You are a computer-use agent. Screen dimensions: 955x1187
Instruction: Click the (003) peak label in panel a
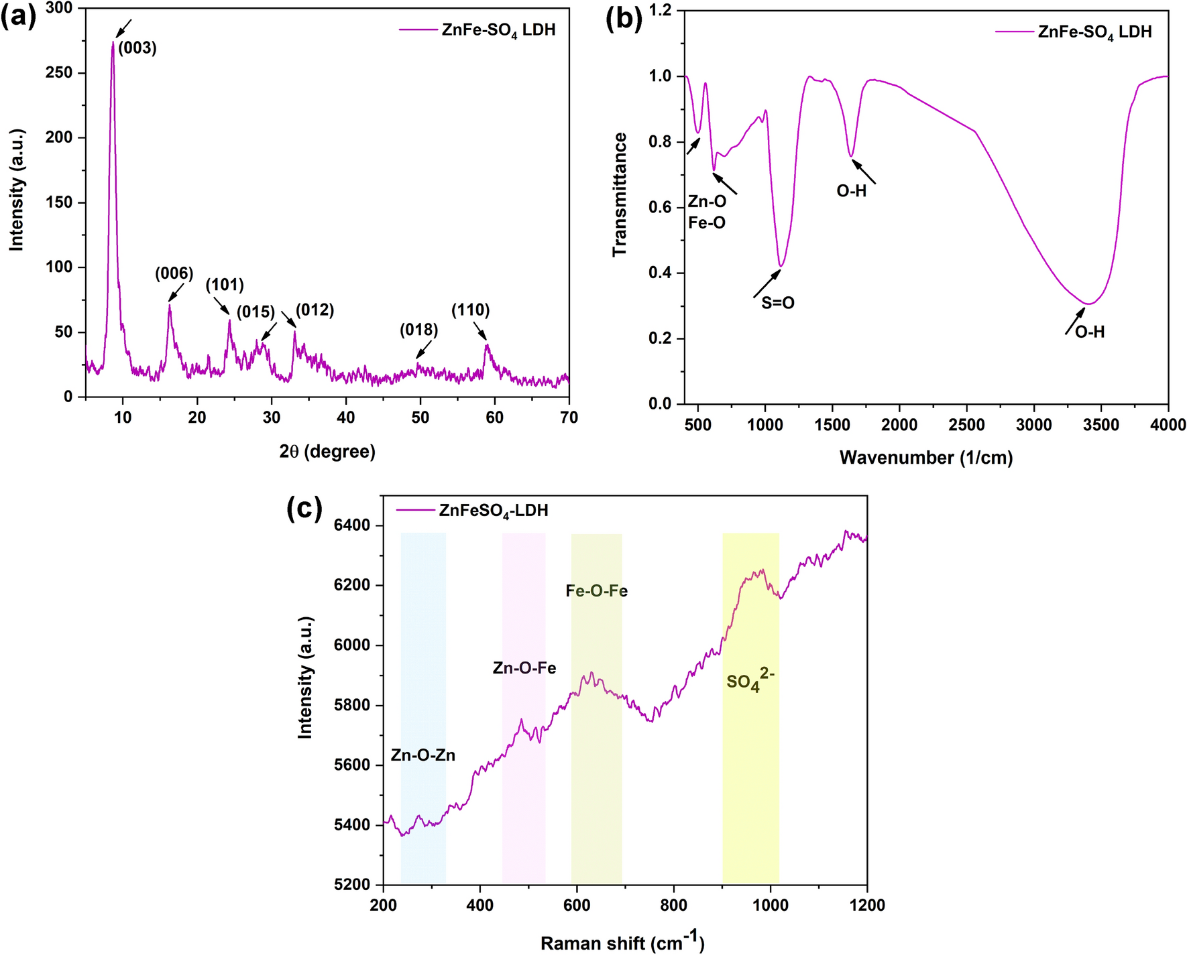point(137,48)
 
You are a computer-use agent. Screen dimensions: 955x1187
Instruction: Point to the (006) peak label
point(174,273)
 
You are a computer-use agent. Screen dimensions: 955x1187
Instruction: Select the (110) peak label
point(470,310)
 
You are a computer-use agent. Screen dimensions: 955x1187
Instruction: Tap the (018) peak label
point(418,330)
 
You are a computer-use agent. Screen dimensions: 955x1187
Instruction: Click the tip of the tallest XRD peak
point(113,43)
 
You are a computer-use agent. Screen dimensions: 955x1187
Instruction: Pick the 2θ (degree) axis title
point(327,452)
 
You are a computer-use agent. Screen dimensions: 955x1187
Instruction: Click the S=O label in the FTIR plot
point(777,304)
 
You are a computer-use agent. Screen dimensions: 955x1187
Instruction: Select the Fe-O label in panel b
point(707,223)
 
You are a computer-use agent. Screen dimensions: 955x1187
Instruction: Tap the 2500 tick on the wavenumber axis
point(966,425)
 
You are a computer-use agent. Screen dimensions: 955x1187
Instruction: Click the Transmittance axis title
point(620,194)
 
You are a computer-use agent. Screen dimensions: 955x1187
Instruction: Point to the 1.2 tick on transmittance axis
point(660,11)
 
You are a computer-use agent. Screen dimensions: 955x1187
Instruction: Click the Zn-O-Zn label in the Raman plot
point(422,755)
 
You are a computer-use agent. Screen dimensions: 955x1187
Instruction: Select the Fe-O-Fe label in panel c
point(596,591)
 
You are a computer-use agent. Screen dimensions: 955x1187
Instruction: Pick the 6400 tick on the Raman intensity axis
point(351,525)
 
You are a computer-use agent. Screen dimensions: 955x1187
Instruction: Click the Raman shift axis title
point(622,942)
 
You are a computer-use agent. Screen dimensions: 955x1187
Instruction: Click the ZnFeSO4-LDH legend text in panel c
point(494,511)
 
